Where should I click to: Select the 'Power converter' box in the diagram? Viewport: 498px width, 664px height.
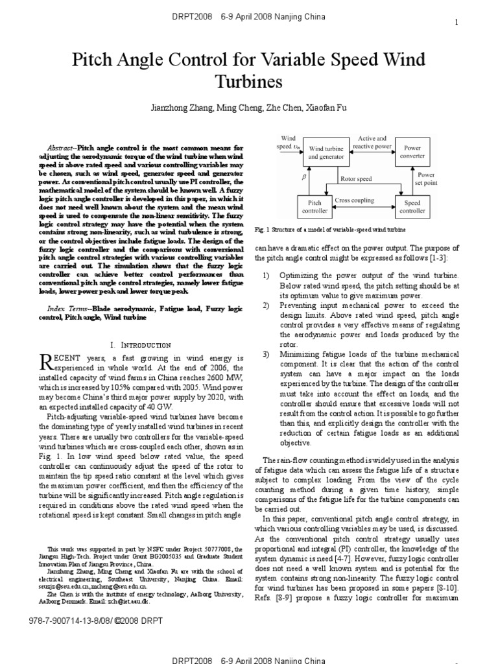coord(412,152)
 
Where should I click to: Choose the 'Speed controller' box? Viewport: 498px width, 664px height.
coord(412,207)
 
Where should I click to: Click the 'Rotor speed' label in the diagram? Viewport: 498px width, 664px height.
coord(356,178)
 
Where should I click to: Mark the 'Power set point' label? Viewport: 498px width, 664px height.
coord(426,179)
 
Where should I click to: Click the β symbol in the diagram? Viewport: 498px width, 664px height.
coord(285,176)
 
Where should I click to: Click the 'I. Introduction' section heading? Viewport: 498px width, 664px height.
coord(140,345)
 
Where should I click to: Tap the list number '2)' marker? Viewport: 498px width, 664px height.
coord(266,305)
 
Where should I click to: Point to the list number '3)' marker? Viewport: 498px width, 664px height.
coord(266,355)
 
